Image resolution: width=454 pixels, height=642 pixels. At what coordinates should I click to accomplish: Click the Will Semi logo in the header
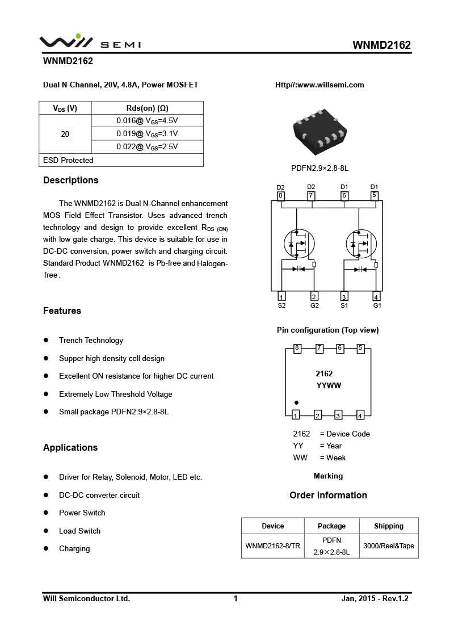tap(90, 41)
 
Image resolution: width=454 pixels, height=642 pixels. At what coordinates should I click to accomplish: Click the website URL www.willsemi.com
tap(320, 85)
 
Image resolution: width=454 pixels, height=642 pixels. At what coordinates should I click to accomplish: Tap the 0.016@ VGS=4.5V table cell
tap(147, 120)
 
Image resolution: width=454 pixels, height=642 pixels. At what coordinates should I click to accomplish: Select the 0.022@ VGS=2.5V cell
tap(147, 146)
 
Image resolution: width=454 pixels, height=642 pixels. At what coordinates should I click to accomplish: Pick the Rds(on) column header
tap(147, 108)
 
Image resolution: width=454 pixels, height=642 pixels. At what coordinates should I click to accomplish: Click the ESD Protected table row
tap(121, 160)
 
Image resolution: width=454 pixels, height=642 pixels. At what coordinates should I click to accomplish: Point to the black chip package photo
tap(320, 132)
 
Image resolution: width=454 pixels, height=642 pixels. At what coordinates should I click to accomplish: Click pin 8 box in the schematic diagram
tap(280, 196)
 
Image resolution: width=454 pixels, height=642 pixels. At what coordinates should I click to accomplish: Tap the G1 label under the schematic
tap(377, 305)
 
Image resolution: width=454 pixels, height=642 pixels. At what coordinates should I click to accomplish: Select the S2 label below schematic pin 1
tap(281, 305)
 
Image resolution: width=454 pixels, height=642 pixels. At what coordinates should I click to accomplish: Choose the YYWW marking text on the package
tap(328, 386)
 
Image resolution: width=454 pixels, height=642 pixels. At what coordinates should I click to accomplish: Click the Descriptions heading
tap(71, 181)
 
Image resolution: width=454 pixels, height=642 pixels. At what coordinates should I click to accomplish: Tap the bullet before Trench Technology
tap(46, 340)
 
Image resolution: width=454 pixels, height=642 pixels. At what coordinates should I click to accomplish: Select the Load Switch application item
tap(79, 531)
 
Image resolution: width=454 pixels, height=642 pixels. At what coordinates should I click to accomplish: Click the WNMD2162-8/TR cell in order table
tap(272, 546)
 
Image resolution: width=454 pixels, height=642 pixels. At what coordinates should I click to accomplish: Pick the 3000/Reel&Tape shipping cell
tap(389, 546)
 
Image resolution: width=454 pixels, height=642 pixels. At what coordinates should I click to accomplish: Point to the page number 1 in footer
tap(236, 598)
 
